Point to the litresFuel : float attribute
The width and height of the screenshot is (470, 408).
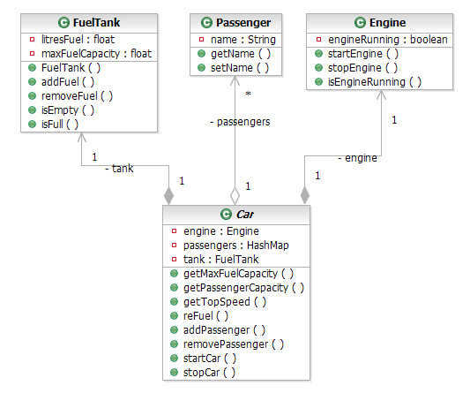pos(71,40)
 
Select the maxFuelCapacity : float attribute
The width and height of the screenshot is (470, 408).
pos(82,54)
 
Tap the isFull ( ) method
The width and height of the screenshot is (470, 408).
pos(56,125)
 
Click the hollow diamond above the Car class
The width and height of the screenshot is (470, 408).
pos(235,195)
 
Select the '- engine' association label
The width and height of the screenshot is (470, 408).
pos(356,158)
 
